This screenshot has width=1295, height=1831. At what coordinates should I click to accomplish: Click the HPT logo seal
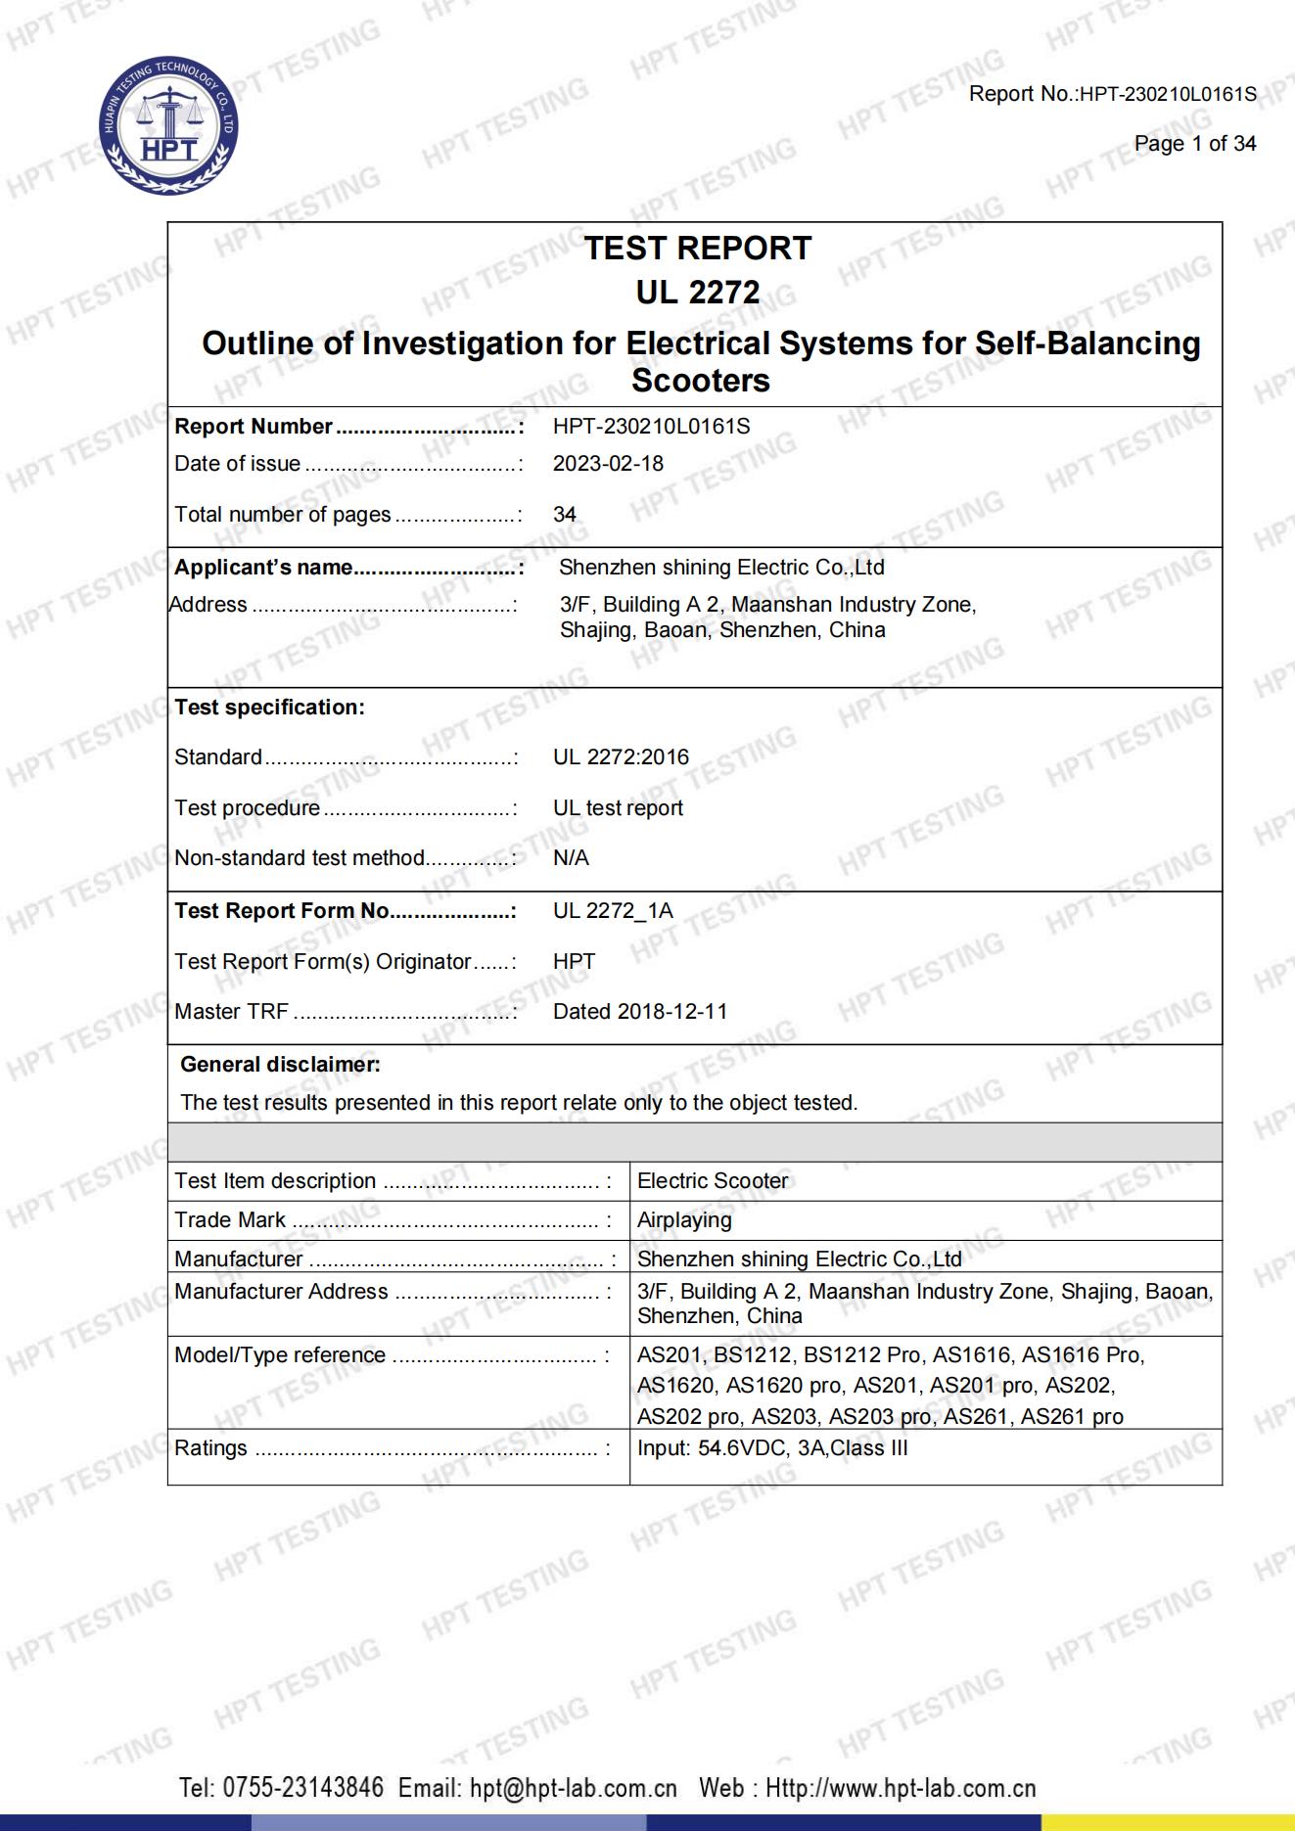pyautogui.click(x=168, y=126)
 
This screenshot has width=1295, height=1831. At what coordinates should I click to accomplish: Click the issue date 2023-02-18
pyautogui.click(x=608, y=464)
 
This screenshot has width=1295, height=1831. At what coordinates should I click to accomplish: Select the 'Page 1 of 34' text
pyautogui.click(x=1194, y=144)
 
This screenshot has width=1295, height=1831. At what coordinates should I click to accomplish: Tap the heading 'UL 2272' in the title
pyautogui.click(x=697, y=293)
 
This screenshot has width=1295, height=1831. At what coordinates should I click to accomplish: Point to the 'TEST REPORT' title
pyautogui.click(x=697, y=249)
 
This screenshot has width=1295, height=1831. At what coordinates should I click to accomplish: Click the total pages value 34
pyautogui.click(x=565, y=515)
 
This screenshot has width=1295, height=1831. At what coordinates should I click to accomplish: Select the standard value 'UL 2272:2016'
pyautogui.click(x=621, y=757)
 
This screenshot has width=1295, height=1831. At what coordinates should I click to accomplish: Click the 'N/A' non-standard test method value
pyautogui.click(x=571, y=858)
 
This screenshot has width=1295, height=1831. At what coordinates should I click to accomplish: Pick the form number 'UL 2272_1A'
pyautogui.click(x=613, y=911)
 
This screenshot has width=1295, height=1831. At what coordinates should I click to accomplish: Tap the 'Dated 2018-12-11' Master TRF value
pyautogui.click(x=640, y=1012)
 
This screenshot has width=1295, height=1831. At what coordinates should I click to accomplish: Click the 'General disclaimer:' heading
pyautogui.click(x=280, y=1065)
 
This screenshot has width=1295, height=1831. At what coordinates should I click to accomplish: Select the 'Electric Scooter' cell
pyautogui.click(x=713, y=1181)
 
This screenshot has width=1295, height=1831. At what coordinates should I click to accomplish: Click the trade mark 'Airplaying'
pyautogui.click(x=684, y=1220)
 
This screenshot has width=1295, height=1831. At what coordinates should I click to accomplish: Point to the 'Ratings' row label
pyautogui.click(x=210, y=1448)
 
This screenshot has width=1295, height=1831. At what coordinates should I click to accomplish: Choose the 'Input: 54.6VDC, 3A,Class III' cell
pyautogui.click(x=772, y=1448)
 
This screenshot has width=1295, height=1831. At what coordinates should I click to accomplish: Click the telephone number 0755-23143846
pyautogui.click(x=303, y=1788)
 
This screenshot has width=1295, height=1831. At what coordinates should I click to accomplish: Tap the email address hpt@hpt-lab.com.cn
pyautogui.click(x=573, y=1788)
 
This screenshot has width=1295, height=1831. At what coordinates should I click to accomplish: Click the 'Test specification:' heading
pyautogui.click(x=269, y=708)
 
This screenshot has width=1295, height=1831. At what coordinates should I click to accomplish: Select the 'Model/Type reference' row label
pyautogui.click(x=280, y=1355)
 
